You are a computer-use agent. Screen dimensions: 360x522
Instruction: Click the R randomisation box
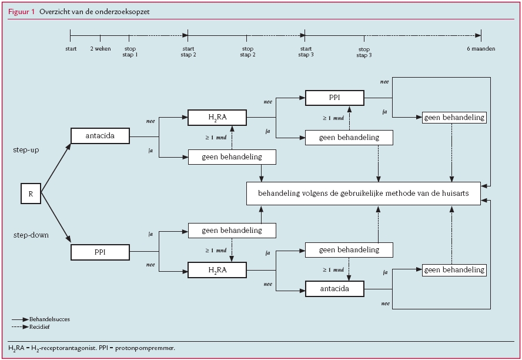click(31, 194)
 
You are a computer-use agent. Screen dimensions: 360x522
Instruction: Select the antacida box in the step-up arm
click(100, 136)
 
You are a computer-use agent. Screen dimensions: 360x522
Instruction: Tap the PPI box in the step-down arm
click(100, 252)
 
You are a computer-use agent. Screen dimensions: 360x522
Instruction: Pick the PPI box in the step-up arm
click(334, 98)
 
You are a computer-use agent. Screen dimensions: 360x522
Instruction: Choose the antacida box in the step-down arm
click(334, 289)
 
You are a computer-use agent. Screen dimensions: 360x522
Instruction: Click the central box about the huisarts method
click(363, 194)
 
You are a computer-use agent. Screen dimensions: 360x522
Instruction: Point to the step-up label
click(26, 151)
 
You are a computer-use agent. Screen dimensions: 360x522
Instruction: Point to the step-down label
click(30, 235)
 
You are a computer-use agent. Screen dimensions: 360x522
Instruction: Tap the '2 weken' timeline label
click(101, 49)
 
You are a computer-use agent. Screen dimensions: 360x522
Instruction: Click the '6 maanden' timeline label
click(481, 49)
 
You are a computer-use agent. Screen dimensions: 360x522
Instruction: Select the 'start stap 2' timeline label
click(189, 52)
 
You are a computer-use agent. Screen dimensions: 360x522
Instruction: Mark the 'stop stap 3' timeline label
click(364, 52)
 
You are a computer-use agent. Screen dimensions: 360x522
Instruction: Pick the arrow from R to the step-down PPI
click(56, 217)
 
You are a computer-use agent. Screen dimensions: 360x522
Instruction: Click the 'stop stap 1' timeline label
click(130, 52)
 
